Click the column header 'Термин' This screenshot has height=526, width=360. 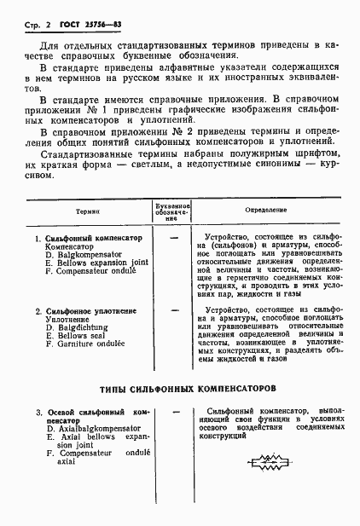(87, 209)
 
